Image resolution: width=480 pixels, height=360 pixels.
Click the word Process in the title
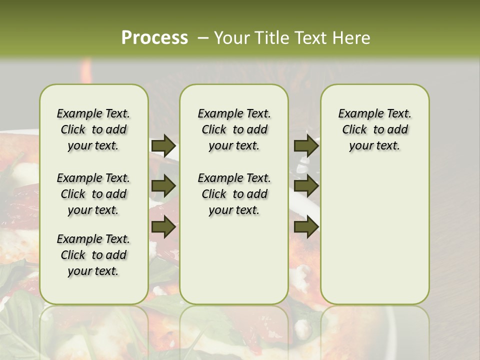[154, 38]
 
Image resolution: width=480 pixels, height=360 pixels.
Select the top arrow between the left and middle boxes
[163, 145]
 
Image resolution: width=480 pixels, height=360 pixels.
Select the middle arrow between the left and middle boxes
[163, 186]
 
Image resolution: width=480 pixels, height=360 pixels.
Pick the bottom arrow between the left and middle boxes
[163, 227]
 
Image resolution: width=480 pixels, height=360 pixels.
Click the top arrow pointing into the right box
[306, 145]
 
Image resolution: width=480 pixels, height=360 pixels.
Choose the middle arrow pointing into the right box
[306, 186]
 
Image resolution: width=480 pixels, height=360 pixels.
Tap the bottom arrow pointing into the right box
[306, 227]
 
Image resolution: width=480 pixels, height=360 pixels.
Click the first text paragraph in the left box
[93, 129]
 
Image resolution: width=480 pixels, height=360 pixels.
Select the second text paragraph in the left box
[93, 194]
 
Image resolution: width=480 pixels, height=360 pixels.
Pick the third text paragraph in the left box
[93, 255]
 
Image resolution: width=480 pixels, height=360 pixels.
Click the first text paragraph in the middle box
[234, 129]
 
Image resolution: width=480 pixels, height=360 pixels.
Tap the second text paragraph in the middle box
[234, 194]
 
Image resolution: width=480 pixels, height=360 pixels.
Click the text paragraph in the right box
[374, 129]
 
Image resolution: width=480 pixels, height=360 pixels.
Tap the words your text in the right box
[374, 146]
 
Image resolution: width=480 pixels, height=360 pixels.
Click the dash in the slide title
[203, 38]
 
